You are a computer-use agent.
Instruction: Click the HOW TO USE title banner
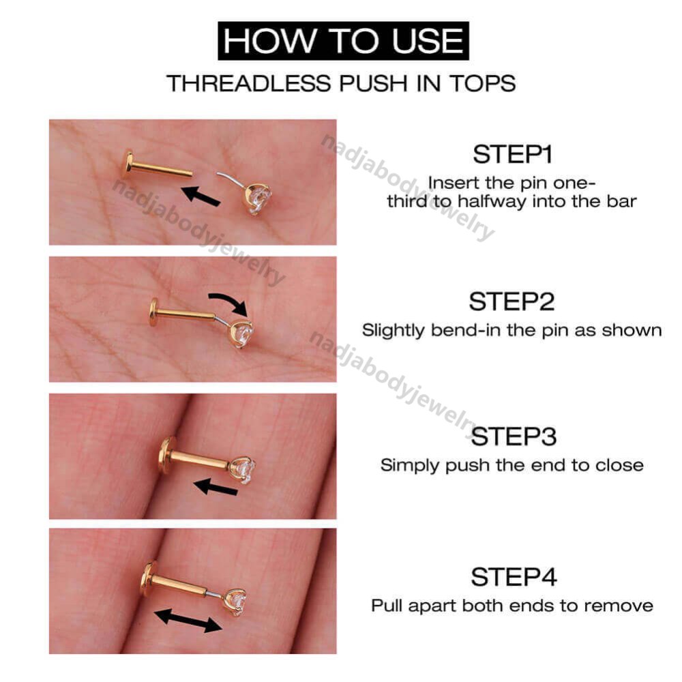(x=343, y=40)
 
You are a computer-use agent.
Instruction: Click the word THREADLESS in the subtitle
(x=248, y=83)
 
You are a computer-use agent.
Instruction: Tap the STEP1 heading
(x=512, y=154)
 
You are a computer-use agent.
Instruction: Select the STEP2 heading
(x=512, y=301)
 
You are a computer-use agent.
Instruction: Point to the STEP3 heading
(x=514, y=436)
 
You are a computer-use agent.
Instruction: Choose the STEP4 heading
(x=514, y=577)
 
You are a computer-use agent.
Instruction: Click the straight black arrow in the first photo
(x=201, y=196)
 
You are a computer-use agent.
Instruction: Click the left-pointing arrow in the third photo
(x=216, y=487)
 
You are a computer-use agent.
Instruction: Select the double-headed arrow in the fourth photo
(x=188, y=620)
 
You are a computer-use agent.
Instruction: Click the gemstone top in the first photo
(x=258, y=198)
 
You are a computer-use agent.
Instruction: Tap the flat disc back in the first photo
(x=128, y=164)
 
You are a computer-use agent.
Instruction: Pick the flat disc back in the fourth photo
(x=148, y=578)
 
